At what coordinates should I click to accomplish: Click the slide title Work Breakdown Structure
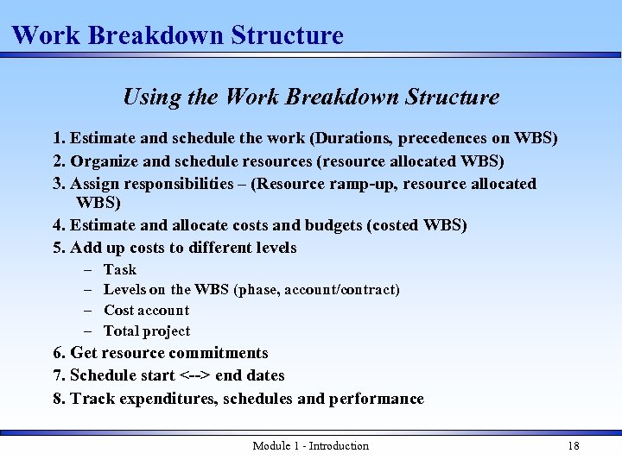pos(178,35)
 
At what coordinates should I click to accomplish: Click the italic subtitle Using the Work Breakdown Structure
pos(311,97)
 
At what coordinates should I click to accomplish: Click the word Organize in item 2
pos(105,161)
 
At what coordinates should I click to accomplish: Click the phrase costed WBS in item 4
pos(418,225)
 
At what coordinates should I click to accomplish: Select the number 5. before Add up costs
pos(60,248)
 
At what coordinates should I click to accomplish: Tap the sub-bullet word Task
pos(120,269)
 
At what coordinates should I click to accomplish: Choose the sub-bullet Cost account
pos(146,310)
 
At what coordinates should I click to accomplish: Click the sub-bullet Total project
pos(147,331)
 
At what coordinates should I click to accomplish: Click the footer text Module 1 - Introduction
pos(310,445)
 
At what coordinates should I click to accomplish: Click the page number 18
pos(573,445)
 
